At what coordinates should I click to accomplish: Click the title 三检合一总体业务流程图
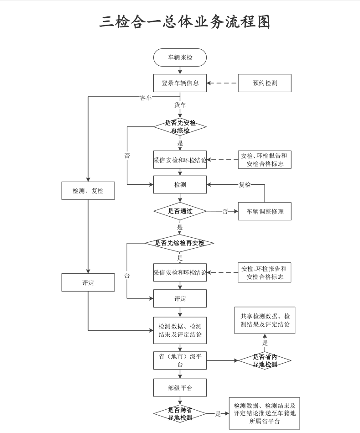(185, 21)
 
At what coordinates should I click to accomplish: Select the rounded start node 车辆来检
(180, 58)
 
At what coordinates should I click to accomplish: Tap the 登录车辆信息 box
(180, 83)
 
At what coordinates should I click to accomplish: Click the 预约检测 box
(265, 83)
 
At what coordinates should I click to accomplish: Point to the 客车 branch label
(146, 98)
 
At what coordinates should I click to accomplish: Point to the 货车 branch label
(180, 105)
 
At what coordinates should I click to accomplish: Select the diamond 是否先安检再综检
(180, 126)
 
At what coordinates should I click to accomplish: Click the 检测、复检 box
(88, 191)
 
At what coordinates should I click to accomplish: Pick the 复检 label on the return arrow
(245, 185)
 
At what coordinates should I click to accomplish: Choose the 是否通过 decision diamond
(180, 211)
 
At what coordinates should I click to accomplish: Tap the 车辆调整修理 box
(265, 211)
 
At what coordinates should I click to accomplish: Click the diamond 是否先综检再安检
(180, 243)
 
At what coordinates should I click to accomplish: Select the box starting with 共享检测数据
(265, 320)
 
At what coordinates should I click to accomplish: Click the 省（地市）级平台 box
(180, 360)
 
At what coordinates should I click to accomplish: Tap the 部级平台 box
(180, 388)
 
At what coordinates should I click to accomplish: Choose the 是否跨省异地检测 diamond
(180, 414)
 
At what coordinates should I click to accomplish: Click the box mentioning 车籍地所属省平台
(265, 413)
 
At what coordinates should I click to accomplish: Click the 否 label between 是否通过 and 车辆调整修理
(225, 211)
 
